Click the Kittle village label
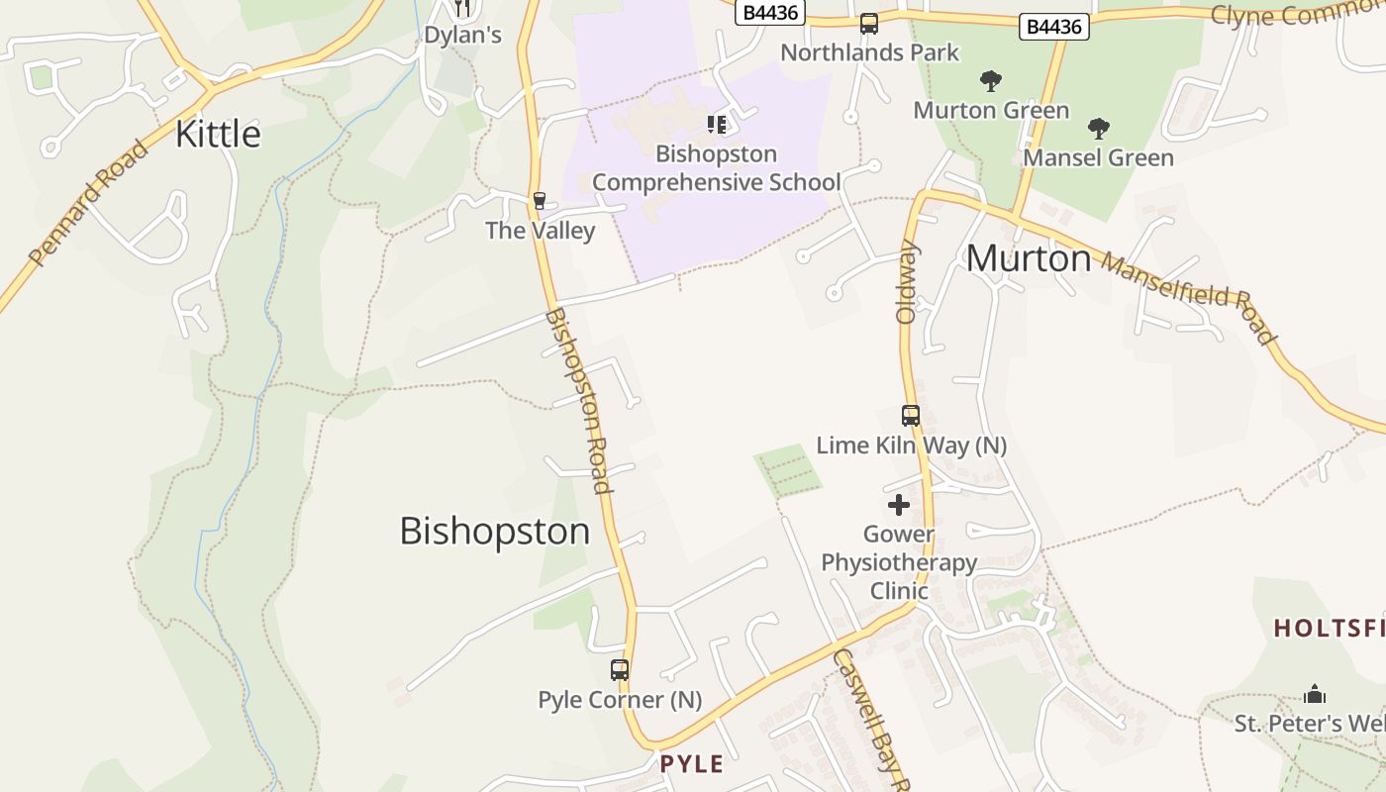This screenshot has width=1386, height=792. pos(218,134)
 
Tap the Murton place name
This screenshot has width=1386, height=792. pos(1029,258)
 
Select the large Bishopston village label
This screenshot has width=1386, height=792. pos(494,532)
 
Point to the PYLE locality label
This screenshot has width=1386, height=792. pos(692,763)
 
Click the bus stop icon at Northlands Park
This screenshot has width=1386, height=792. pos(869,24)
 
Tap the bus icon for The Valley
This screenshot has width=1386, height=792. pos(540,201)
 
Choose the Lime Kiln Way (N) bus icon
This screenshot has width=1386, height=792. pos(911,416)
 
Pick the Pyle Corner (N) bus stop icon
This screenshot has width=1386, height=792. pos(620,670)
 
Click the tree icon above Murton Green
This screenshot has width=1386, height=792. pos(990,81)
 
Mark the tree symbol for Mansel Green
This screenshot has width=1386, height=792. pos(1098,129)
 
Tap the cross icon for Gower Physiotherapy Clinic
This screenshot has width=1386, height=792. pos(899,506)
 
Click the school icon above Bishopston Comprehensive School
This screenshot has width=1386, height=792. pos(717,125)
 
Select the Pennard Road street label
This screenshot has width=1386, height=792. pos(88,204)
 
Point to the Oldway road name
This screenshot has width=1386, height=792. pos(907,282)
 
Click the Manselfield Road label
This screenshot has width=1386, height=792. pos(1188,297)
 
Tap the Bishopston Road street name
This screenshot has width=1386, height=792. pos(577,400)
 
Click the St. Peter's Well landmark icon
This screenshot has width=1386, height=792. pos(1315,694)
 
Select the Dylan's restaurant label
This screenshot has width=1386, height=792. pos(462,36)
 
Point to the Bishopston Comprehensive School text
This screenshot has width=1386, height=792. pos(716,168)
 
